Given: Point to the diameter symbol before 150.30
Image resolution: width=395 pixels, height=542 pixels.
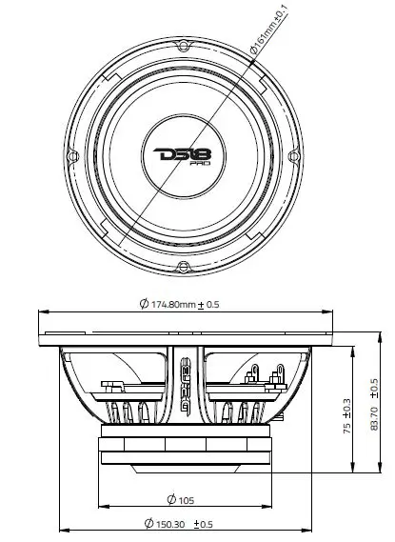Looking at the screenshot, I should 148,525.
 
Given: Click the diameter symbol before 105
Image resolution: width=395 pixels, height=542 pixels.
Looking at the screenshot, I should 169,499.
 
